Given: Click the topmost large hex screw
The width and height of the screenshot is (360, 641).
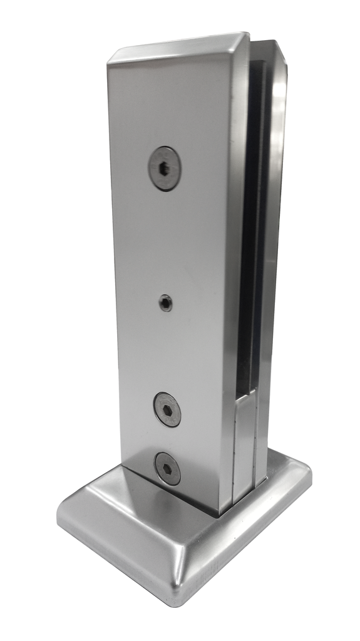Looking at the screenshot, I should [x=165, y=168].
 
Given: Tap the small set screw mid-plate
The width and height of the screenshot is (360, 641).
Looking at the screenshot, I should [x=165, y=304].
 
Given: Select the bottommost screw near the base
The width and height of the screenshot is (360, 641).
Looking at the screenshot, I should [x=168, y=468].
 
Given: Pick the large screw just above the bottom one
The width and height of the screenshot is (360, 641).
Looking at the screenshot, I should [x=168, y=409].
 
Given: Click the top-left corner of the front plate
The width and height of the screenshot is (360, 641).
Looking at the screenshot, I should [x=108, y=60].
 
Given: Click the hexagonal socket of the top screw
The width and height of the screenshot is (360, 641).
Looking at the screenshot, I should [x=165, y=168].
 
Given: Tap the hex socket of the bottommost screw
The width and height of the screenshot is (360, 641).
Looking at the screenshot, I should [x=168, y=468].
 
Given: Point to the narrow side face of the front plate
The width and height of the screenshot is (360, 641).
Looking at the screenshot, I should [x=238, y=250].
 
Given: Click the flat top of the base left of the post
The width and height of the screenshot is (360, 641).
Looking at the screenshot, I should [x=106, y=495].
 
